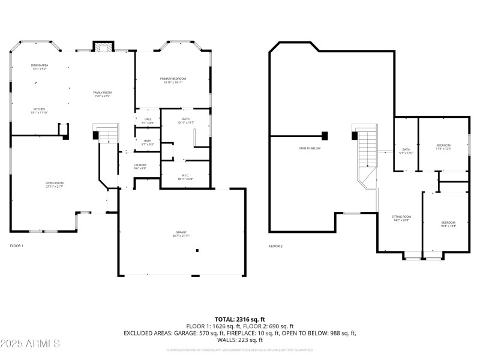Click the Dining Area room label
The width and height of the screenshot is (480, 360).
tap(39, 67)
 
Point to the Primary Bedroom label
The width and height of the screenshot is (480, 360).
tap(173, 80)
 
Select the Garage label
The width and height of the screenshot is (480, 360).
tap(182, 234)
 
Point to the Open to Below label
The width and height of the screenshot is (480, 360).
tap(310, 148)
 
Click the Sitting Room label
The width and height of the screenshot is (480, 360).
tap(401, 218)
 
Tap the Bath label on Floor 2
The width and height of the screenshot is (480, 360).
tap(406, 151)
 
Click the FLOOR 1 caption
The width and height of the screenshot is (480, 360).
tap(16, 246)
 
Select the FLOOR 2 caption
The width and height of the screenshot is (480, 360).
tap(275, 246)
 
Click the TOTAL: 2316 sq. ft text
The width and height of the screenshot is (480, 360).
tap(239, 319)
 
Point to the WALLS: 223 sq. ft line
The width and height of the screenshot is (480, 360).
tap(239, 340)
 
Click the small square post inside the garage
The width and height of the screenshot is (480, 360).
tap(197, 250)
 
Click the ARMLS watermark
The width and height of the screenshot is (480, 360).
tap(30, 344)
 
